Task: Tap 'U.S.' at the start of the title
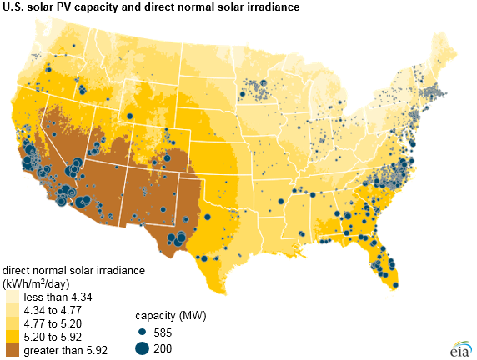[x=14, y=7]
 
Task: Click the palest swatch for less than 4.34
[x=11, y=297]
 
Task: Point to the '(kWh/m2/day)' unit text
[x=38, y=284]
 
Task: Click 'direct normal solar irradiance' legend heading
[x=73, y=272]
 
